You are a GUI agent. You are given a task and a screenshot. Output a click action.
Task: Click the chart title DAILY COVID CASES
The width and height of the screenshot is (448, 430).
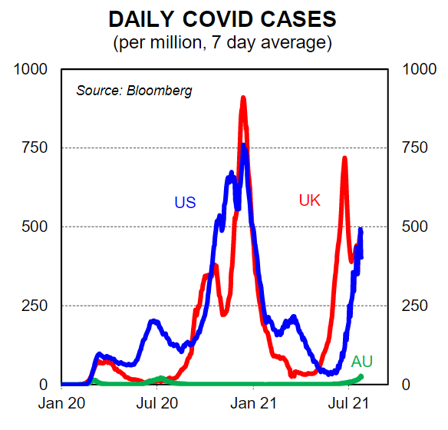pyautogui.click(x=222, y=19)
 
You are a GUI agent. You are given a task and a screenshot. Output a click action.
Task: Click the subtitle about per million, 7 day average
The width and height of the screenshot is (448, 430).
pyautogui.click(x=222, y=43)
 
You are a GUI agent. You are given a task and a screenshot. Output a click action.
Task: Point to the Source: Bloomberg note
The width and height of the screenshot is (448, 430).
pyautogui.click(x=134, y=91)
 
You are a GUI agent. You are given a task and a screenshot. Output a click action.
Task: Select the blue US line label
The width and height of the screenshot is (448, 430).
pyautogui.click(x=185, y=203)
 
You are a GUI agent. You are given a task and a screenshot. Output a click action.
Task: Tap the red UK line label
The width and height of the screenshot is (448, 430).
pyautogui.click(x=310, y=200)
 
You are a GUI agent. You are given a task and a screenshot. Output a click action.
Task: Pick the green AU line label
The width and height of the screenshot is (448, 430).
pyautogui.click(x=362, y=362)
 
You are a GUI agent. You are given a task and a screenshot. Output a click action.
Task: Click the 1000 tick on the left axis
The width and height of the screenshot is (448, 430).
pyautogui.click(x=30, y=69)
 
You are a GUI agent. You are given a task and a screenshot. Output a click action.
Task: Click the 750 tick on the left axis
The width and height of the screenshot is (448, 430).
pyautogui.click(x=35, y=147)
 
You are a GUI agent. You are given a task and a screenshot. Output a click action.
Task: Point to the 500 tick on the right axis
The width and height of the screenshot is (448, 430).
pyautogui.click(x=415, y=227)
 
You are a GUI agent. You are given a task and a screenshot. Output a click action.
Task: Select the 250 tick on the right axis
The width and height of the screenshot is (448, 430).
pyautogui.click(x=415, y=306)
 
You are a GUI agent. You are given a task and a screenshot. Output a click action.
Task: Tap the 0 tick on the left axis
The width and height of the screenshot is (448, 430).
pyautogui.click(x=43, y=385)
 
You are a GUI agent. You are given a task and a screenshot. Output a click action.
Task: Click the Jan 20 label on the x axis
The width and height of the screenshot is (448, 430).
pyautogui.click(x=61, y=403)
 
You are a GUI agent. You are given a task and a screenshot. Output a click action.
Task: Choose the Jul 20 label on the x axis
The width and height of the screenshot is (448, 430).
pyautogui.click(x=157, y=403)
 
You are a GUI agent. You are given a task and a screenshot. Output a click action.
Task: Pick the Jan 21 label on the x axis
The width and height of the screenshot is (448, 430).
pyautogui.click(x=253, y=403)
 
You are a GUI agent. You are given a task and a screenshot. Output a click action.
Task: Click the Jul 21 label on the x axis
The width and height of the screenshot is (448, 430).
pyautogui.click(x=348, y=403)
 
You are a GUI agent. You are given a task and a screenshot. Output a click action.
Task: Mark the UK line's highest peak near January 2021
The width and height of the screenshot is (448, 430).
pyautogui.click(x=243, y=98)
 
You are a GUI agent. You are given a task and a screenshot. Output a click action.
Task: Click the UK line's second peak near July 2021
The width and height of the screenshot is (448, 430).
pyautogui.click(x=344, y=158)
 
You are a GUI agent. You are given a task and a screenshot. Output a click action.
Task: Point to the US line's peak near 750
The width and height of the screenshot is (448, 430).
pyautogui.click(x=243, y=146)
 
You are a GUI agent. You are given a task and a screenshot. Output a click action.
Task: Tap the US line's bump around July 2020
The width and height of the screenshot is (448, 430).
pyautogui.click(x=154, y=322)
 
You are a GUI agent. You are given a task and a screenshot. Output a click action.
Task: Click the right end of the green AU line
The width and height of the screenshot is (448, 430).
pyautogui.click(x=361, y=377)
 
